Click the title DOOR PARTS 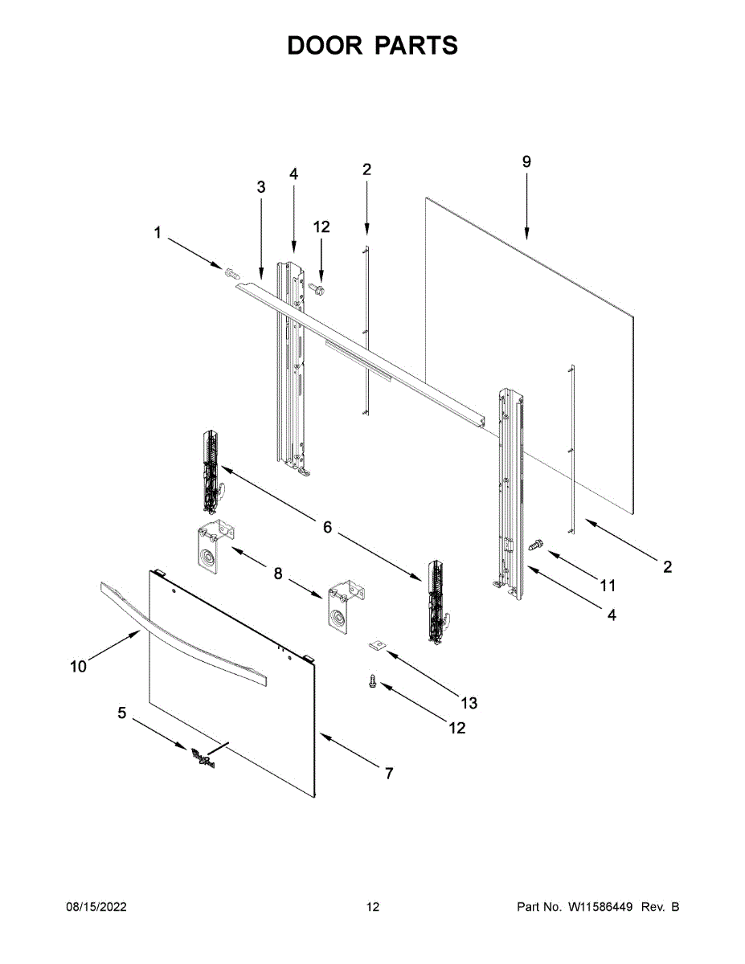pos(372,46)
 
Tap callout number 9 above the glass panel pos(526,161)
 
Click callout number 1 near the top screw pos(158,233)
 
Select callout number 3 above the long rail pos(261,187)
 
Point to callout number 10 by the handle pos(78,667)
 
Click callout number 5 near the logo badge pos(122,713)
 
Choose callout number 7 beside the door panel pos(388,774)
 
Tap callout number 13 pos(469,703)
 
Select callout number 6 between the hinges pos(327,528)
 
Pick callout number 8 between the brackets pos(278,574)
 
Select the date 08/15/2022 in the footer pos(96,907)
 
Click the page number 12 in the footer pos(372,907)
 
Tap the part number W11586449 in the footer pos(603,907)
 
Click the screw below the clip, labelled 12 pos(372,681)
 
